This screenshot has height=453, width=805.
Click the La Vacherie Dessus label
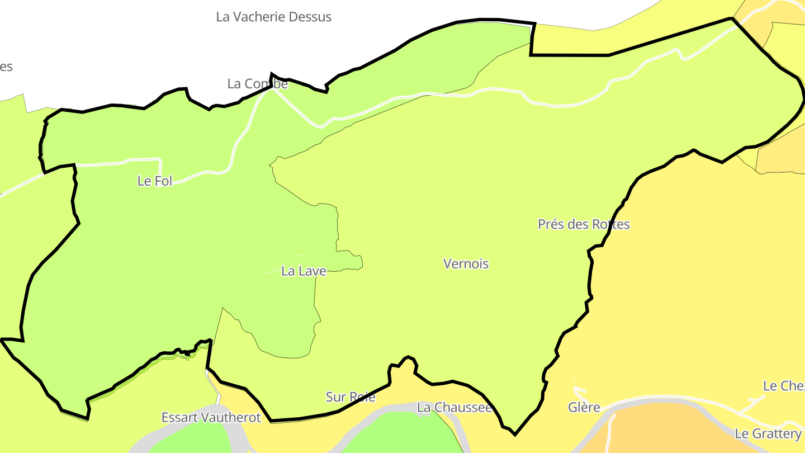273,17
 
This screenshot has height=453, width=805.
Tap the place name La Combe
257,84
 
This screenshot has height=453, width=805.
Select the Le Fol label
155,181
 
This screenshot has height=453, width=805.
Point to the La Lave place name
304,271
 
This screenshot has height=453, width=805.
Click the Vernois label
466,263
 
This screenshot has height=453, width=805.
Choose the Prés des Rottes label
584,224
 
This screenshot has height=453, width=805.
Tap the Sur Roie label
351,397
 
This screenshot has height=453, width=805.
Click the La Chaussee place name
454,408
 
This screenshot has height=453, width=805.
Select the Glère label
584,408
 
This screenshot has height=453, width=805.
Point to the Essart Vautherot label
211,417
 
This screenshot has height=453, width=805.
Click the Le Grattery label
768,433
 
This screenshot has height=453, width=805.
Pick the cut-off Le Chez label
783,386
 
